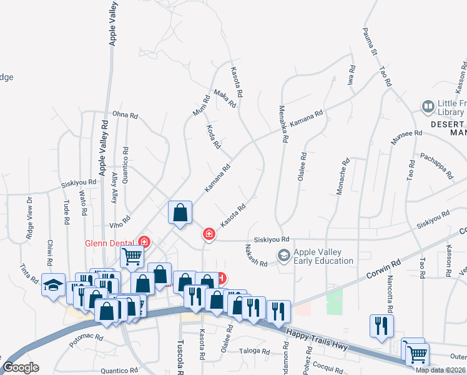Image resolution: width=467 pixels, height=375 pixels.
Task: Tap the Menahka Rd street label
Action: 283,124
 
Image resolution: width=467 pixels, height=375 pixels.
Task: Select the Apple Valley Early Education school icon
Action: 284,255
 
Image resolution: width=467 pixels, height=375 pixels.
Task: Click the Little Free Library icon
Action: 428,107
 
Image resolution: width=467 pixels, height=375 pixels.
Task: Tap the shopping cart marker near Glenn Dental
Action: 132,255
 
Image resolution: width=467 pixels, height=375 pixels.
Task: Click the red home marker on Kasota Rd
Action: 209,234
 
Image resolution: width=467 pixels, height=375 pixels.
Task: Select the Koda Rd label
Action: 213,136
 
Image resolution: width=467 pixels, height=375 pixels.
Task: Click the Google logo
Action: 21,367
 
